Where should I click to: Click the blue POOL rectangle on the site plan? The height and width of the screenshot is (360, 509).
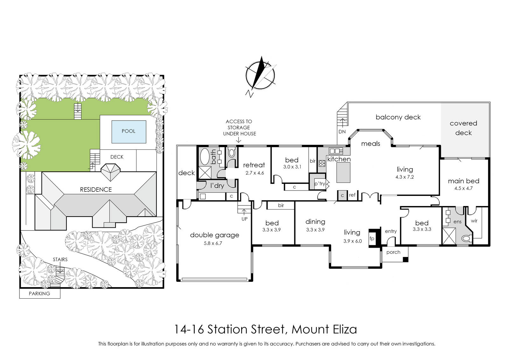(x=129, y=132)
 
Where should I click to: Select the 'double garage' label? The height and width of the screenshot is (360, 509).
(x=214, y=235)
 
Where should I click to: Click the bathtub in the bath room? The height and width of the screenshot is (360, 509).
(x=205, y=156)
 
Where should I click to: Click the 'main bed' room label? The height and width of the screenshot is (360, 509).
(x=464, y=181)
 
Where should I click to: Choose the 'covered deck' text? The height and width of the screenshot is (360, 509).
(x=463, y=128)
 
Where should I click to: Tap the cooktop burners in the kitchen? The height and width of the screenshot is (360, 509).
(x=322, y=163)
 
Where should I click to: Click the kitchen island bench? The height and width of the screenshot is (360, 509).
(x=343, y=172)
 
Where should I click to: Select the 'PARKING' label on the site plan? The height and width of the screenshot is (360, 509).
(x=39, y=294)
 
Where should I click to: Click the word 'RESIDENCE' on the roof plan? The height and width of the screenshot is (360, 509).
(x=96, y=190)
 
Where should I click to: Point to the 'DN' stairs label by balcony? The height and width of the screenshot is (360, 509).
(x=342, y=132)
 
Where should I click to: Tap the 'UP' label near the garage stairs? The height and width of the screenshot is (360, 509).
(x=245, y=219)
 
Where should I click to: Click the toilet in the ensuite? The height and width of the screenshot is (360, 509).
(x=466, y=239)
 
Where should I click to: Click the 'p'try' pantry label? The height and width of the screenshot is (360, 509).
(x=319, y=183)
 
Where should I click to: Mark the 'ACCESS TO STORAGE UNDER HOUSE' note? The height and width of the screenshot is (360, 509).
(x=239, y=128)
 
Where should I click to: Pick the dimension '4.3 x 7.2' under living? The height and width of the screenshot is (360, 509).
(x=404, y=177)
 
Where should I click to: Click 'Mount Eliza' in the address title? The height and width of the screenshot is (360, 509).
(x=324, y=329)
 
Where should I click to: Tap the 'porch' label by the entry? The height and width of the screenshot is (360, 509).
(x=393, y=252)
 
